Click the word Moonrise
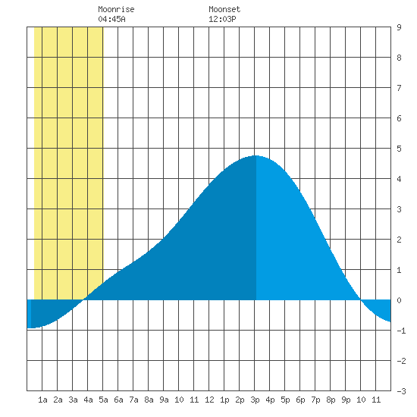point(116,9)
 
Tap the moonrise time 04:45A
point(111,19)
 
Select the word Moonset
point(224,9)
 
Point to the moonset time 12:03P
point(222,19)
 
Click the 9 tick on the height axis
point(399,27)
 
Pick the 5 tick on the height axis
point(399,149)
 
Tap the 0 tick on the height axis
point(399,300)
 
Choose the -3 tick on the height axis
point(401,391)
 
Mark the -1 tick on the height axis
point(401,331)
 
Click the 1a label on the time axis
point(42,400)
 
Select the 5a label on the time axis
point(103,400)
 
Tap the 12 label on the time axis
point(209,400)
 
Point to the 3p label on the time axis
point(255,400)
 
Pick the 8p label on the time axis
point(331,400)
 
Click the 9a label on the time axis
point(164,400)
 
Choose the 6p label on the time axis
point(300,400)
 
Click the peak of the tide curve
point(256,156)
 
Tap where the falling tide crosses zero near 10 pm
point(361,299)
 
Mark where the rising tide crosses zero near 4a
point(83,299)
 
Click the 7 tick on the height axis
point(399,88)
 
